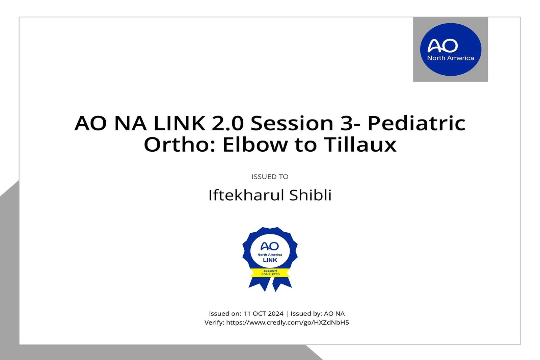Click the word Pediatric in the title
[x=416, y=123]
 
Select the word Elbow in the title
[x=255, y=145]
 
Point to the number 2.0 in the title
[x=227, y=123]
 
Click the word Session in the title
[x=292, y=123]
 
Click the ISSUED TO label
[x=270, y=177]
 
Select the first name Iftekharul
[x=246, y=195]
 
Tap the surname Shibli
[x=310, y=195]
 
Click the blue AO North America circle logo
[x=451, y=49]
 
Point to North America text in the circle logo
[x=451, y=58]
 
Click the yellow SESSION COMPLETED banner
[x=270, y=273]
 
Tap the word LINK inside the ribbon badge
[x=270, y=260]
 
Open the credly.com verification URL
[x=287, y=323]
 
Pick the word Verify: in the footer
[x=214, y=323]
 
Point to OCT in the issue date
[x=259, y=314]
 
